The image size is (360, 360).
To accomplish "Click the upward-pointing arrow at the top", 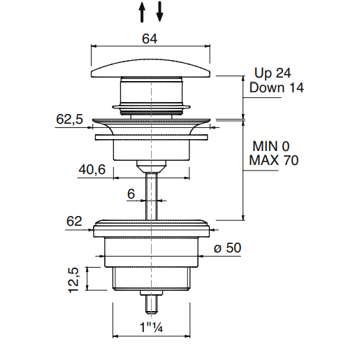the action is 142,12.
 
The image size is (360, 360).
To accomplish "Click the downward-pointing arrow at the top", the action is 159,11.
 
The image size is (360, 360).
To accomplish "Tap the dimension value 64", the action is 150,38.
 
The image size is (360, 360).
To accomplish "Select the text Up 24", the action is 273,73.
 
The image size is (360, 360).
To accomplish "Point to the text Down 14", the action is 277,87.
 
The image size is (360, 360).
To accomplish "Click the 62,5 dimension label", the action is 69,119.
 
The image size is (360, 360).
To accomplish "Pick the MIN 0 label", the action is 271,146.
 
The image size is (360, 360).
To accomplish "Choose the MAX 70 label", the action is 274,160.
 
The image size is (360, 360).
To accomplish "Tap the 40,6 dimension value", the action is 92,169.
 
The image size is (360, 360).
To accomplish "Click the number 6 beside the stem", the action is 131,194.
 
